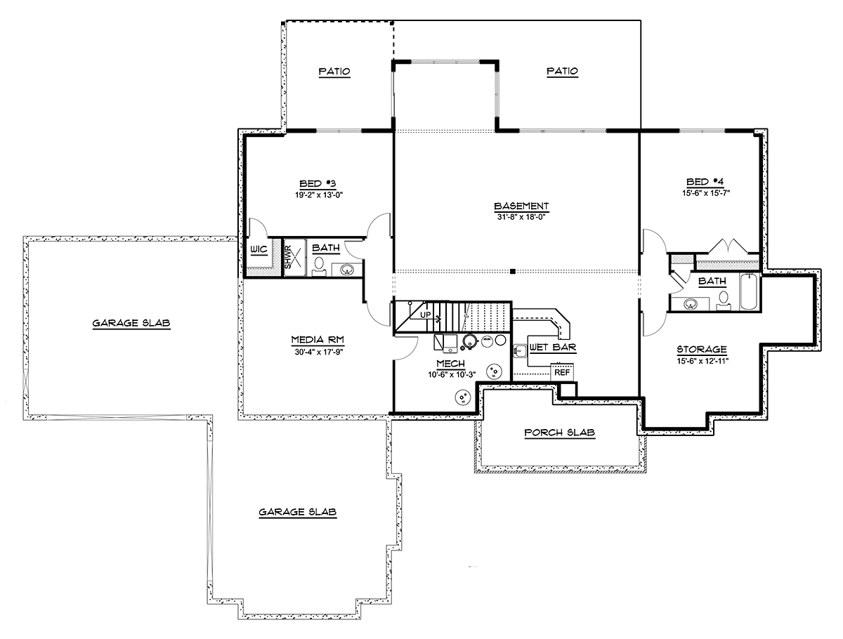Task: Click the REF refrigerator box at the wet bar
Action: [562, 372]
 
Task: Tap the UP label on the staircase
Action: [426, 315]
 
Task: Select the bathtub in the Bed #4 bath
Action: [750, 291]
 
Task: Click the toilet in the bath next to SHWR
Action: [319, 267]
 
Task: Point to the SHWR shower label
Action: [288, 257]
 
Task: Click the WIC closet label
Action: [259, 250]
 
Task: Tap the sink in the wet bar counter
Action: [520, 351]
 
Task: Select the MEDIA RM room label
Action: [318, 340]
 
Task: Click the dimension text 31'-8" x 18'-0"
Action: [521, 217]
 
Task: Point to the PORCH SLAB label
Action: [560, 433]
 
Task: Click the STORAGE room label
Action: [702, 349]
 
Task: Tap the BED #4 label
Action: [705, 182]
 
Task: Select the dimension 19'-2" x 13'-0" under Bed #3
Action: [319, 195]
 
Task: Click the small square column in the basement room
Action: [512, 271]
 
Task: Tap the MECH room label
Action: [450, 363]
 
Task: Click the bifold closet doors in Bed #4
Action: [728, 246]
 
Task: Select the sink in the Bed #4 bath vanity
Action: [691, 304]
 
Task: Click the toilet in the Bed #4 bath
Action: [723, 300]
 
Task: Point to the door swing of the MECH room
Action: [406, 348]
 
